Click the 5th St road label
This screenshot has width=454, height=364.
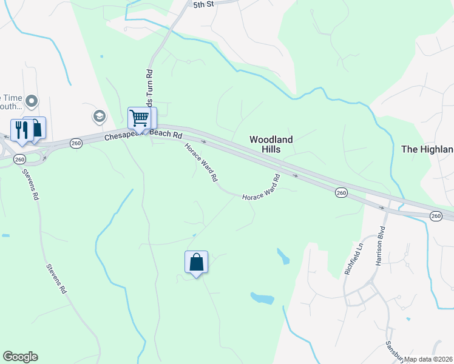click(204, 4)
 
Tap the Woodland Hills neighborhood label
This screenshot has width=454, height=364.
click(271, 144)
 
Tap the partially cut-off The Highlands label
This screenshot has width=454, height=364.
click(427, 149)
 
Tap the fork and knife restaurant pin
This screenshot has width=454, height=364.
click(20, 130)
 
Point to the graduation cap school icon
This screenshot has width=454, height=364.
click(98, 115)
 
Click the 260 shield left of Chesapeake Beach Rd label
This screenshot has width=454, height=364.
click(76, 143)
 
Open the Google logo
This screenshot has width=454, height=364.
click(20, 357)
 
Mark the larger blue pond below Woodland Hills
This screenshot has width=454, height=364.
click(262, 298)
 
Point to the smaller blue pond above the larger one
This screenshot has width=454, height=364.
click(283, 256)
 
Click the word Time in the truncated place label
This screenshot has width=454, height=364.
click(11, 97)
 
